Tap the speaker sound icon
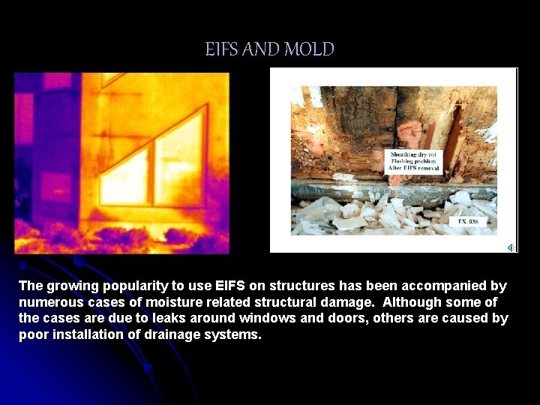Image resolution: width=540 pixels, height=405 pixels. [x=510, y=247]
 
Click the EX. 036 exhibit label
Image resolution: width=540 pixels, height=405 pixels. [x=467, y=221]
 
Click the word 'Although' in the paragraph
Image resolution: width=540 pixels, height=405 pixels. [x=415, y=302]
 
